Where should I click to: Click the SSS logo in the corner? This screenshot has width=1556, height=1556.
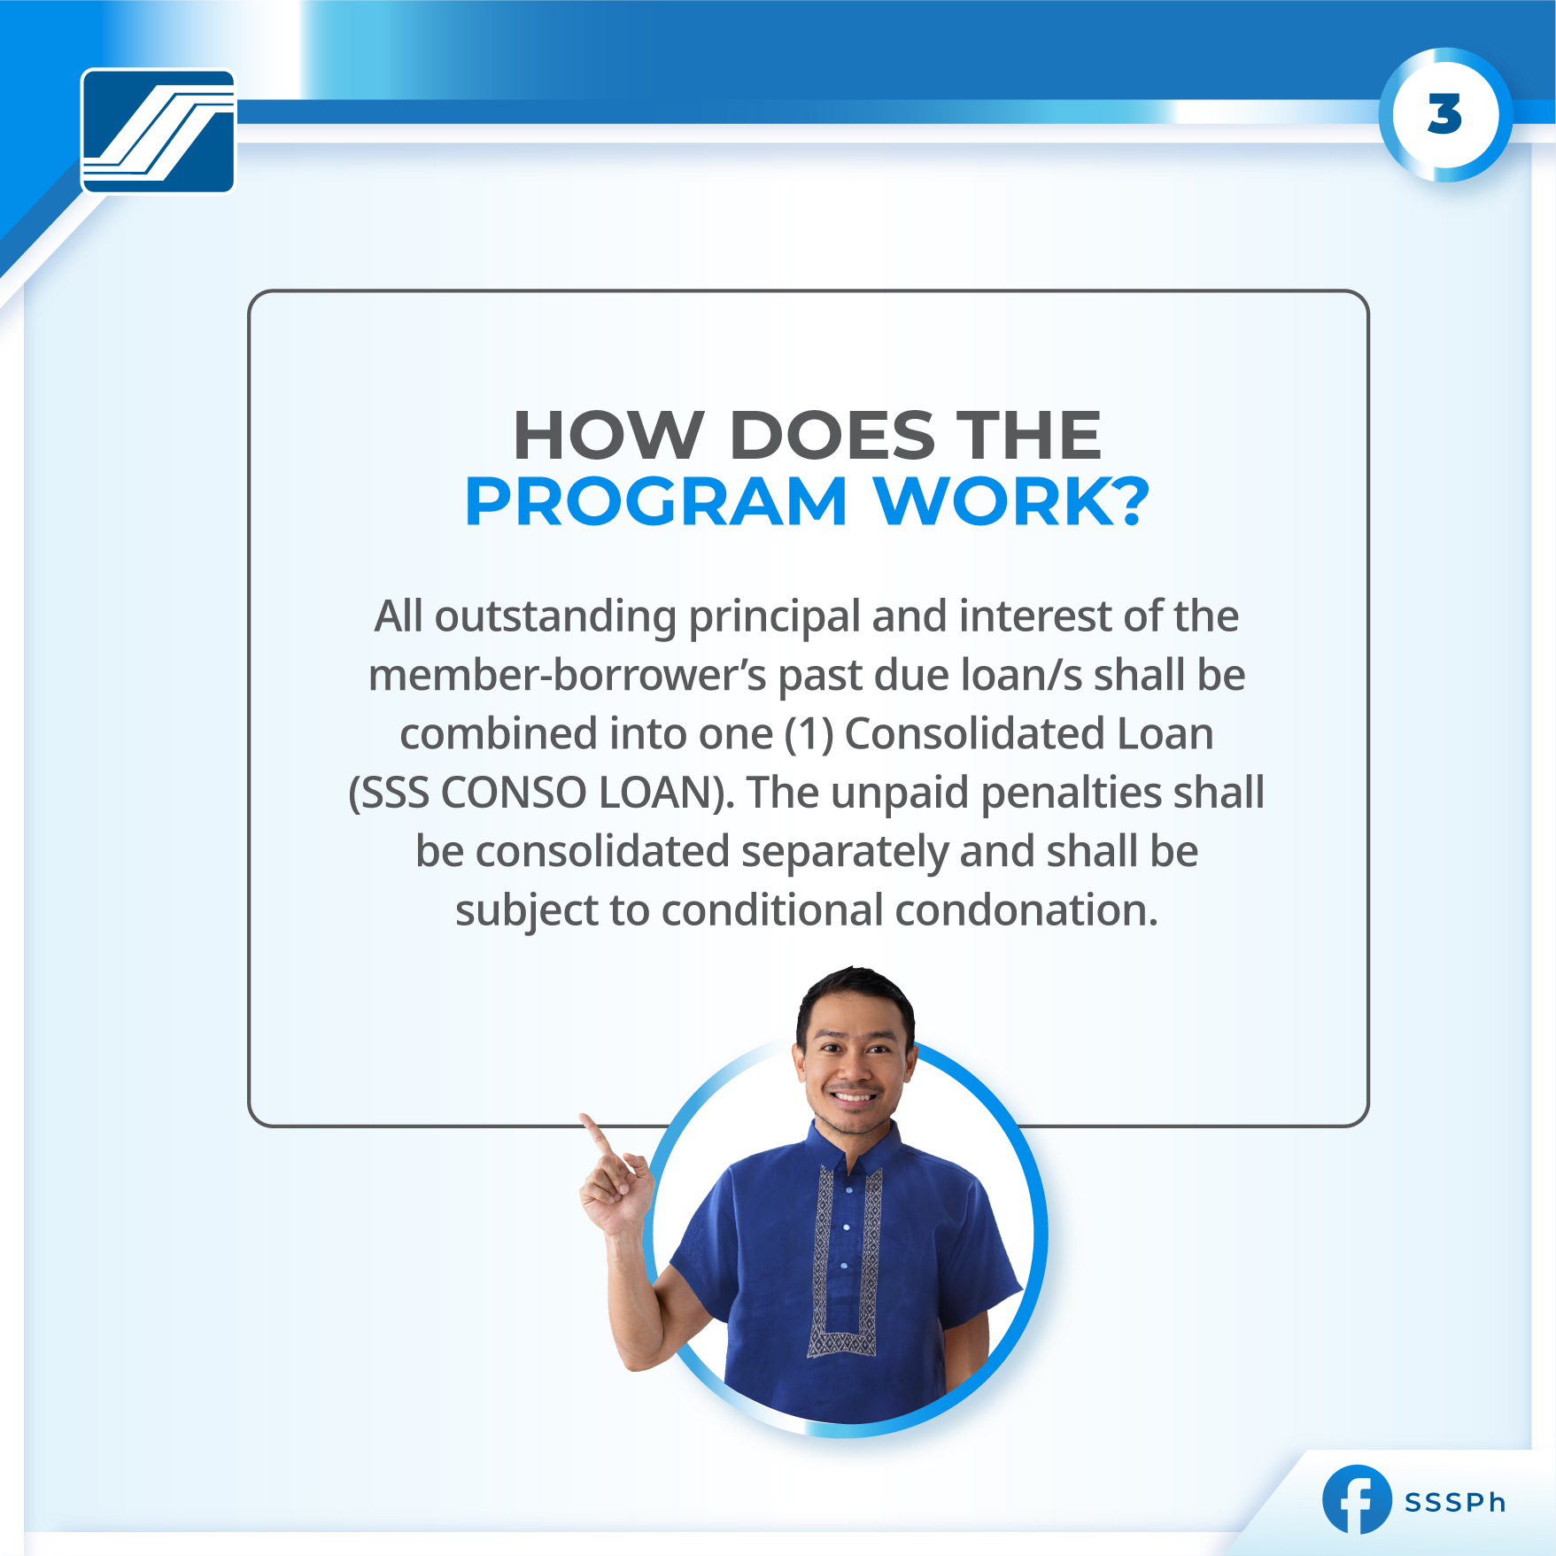(158, 131)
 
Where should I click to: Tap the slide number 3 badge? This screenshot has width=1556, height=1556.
(1444, 115)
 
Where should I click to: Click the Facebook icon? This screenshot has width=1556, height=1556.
(1355, 1500)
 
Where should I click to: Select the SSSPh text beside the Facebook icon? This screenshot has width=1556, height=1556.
(1455, 1503)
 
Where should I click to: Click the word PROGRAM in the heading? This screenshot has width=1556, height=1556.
(656, 502)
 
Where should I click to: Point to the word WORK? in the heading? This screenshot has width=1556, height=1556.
(1010, 502)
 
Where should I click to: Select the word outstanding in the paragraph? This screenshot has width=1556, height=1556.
(555, 616)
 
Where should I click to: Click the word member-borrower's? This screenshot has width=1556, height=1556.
(567, 676)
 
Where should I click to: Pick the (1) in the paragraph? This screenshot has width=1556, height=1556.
(809, 734)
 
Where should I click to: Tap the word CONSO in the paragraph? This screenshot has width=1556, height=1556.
(514, 793)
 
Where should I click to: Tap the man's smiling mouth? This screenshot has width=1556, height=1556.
(854, 1097)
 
